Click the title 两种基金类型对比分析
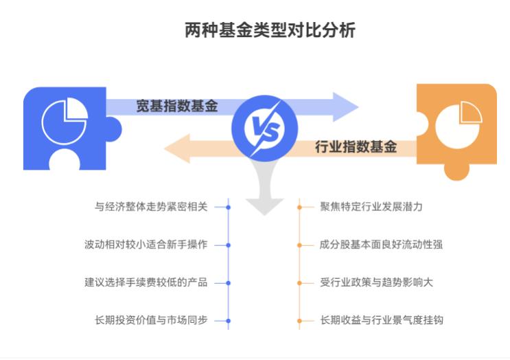(x=270, y=30)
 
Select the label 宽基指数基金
(x=176, y=106)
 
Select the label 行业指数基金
(x=356, y=146)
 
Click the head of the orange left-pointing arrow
(x=177, y=148)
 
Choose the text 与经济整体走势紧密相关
(x=151, y=206)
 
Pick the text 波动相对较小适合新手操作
(x=146, y=245)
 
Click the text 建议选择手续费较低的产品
(x=146, y=282)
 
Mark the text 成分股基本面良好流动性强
(x=381, y=245)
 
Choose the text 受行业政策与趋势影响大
(x=376, y=282)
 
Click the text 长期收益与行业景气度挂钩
(x=381, y=320)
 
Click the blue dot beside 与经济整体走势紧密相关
(x=228, y=206)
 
